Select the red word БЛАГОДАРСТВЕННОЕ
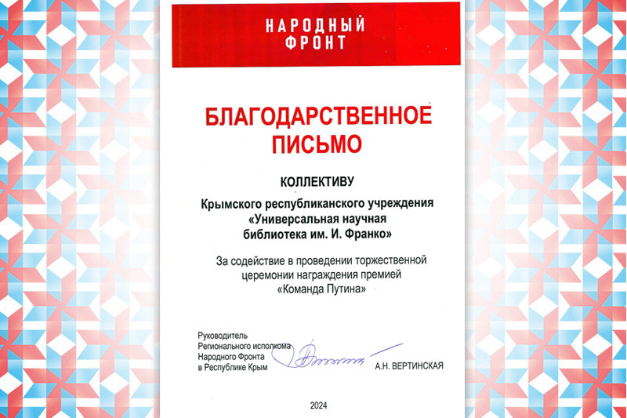[x=317, y=117]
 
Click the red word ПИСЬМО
[x=317, y=144]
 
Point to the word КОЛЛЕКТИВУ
[x=317, y=179]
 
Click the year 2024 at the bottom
[x=318, y=405]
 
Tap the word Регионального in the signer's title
[x=223, y=345]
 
